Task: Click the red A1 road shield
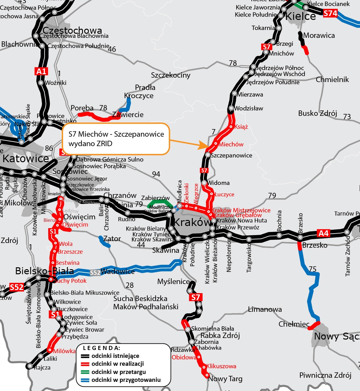click(41, 71)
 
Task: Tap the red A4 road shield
click(324, 233)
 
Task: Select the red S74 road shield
click(330, 13)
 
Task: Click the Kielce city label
click(300, 16)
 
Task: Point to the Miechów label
click(231, 145)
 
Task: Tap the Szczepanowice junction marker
click(208, 155)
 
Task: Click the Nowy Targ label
click(225, 379)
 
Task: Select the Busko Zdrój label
click(317, 113)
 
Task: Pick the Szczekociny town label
click(171, 75)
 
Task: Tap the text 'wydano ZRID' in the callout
click(90, 144)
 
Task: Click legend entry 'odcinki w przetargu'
click(119, 372)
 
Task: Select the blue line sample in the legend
click(84, 380)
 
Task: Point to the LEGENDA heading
click(101, 348)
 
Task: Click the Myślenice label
click(174, 281)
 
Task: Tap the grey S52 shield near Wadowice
click(95, 273)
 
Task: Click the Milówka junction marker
click(49, 350)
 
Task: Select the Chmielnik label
click(332, 80)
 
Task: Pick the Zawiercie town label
click(128, 115)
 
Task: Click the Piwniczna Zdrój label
click(325, 375)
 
